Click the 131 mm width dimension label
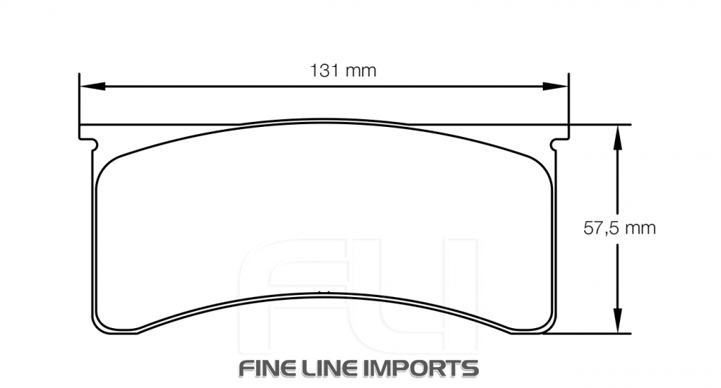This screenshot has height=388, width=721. (x=343, y=71)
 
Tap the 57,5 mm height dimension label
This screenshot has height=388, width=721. (x=619, y=229)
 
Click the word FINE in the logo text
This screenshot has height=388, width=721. (x=270, y=368)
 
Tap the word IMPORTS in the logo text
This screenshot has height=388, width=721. (x=425, y=368)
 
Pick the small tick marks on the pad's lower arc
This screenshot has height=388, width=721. (x=324, y=291)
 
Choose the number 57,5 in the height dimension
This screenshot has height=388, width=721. (x=601, y=229)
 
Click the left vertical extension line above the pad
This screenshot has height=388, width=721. (x=79, y=101)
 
